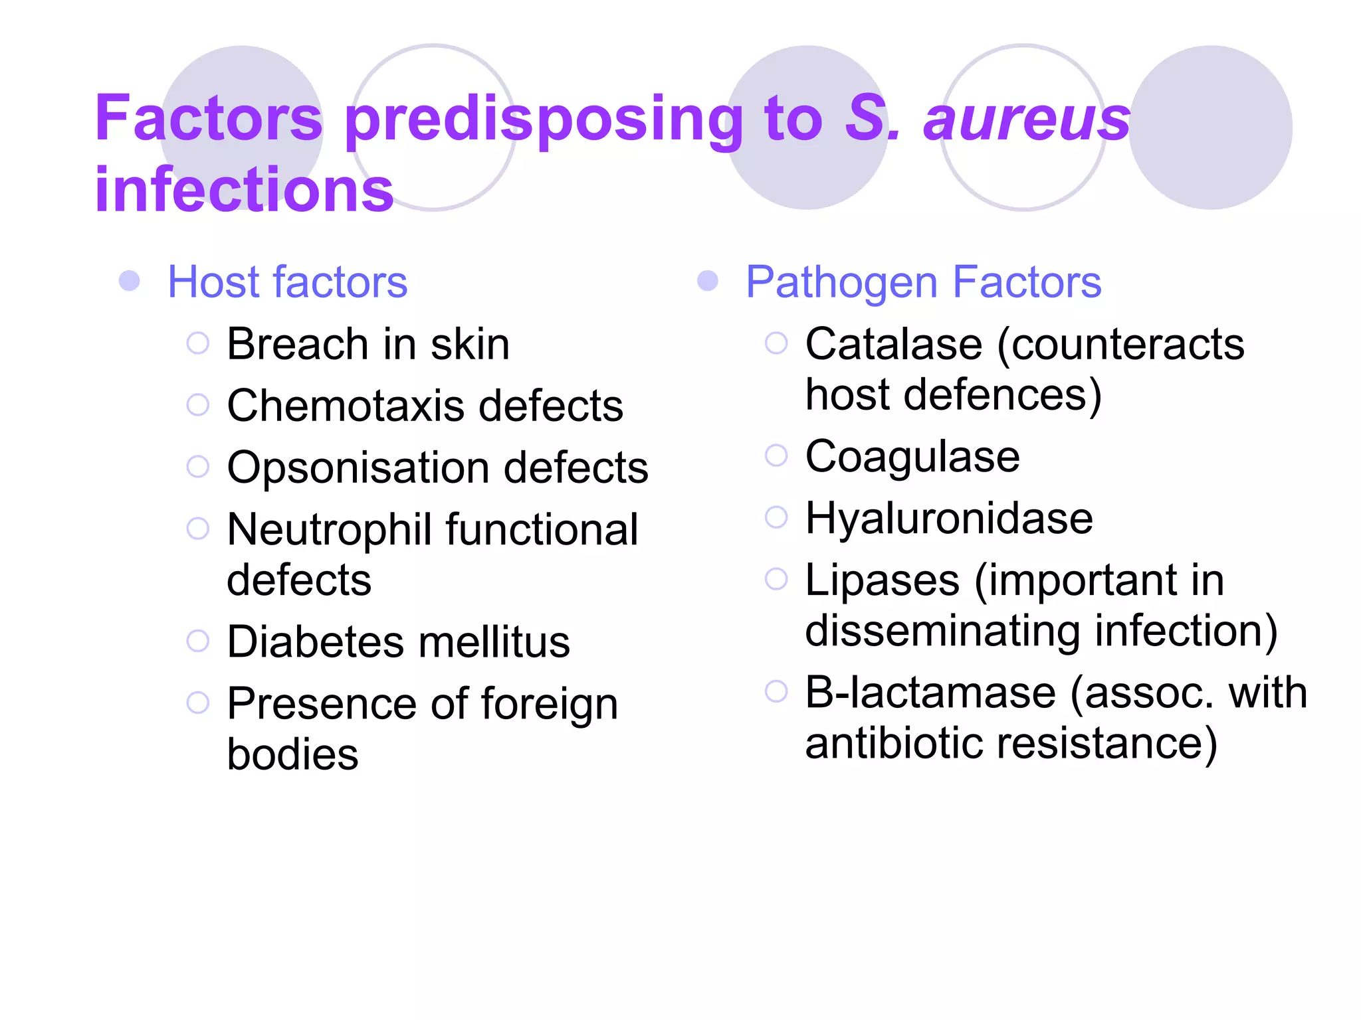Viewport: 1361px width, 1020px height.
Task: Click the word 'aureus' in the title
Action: click(1027, 120)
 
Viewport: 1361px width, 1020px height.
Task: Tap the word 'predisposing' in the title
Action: click(544, 120)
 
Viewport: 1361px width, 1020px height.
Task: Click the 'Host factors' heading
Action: click(287, 282)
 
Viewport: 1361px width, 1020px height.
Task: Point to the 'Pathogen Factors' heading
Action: click(923, 282)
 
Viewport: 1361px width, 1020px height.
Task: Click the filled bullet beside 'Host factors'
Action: click(130, 281)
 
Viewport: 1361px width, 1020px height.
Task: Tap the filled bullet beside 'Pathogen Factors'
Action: click(708, 281)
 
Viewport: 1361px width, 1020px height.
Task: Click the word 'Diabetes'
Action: click(315, 642)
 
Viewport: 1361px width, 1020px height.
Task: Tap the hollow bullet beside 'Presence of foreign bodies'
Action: click(198, 703)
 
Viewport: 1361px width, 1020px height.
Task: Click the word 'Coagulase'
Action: click(912, 457)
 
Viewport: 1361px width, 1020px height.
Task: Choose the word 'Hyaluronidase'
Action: click(949, 518)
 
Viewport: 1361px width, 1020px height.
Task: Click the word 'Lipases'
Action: click(883, 580)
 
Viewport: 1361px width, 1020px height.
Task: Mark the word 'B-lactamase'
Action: click(930, 693)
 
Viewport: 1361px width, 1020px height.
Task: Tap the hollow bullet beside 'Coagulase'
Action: click(776, 456)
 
